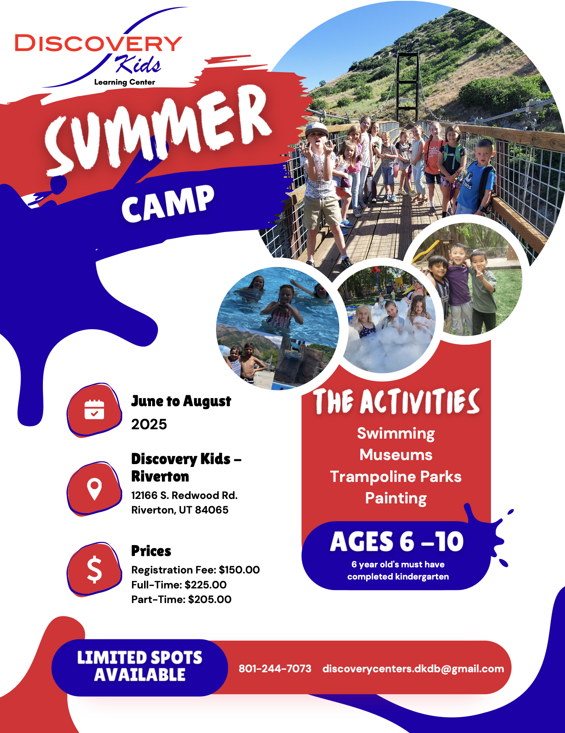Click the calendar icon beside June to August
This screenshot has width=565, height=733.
[94, 409]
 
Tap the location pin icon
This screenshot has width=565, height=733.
[94, 489]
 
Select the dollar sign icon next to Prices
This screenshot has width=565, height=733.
[94, 569]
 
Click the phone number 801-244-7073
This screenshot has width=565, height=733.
[275, 668]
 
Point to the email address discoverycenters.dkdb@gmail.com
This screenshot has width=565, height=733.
[413, 669]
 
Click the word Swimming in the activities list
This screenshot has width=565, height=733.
[396, 434]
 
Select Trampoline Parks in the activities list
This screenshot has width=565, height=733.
[396, 477]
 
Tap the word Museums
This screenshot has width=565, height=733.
[396, 455]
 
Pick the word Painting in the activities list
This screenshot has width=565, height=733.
[396, 499]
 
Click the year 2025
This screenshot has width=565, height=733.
[149, 424]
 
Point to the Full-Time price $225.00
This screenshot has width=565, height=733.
[206, 585]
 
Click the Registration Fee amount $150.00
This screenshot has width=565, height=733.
[239, 570]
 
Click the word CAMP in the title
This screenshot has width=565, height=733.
[168, 204]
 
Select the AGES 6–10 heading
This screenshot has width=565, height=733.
[397, 541]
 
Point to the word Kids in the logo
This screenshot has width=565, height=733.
[138, 64]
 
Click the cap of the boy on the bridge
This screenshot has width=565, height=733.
[317, 129]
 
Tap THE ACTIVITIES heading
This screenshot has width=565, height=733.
[396, 401]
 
